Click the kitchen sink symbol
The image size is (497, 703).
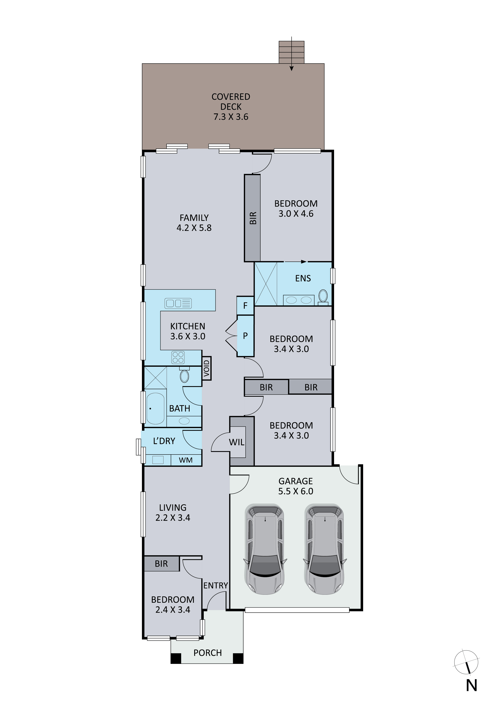point(178,303)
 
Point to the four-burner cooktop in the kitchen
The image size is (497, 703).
point(178,357)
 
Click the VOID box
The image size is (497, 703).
point(206,368)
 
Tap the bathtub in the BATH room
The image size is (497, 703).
point(156,408)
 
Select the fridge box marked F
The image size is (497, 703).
point(245,306)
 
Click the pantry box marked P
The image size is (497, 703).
point(245,336)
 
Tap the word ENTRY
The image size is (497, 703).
point(216,585)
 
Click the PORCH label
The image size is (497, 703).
point(208,653)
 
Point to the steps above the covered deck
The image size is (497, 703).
point(292,52)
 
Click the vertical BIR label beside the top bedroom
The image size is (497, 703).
point(253,218)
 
